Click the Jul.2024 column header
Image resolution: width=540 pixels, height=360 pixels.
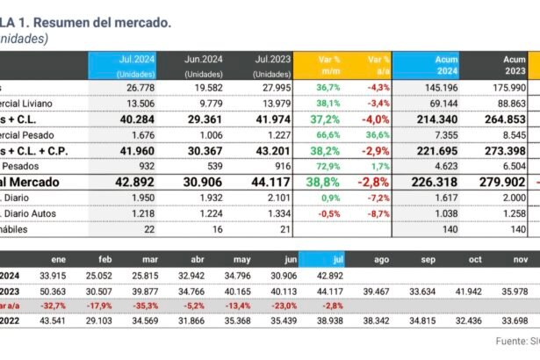click(136, 65)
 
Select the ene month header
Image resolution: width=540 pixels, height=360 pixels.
click(60, 260)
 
